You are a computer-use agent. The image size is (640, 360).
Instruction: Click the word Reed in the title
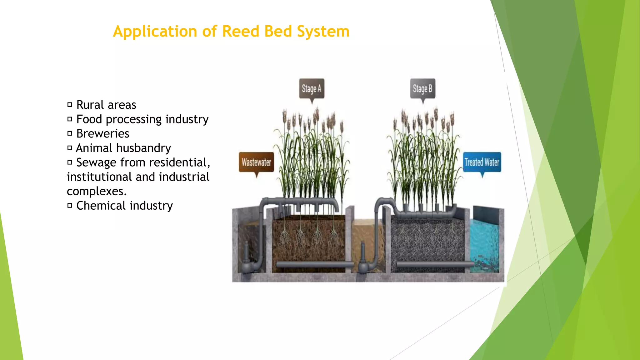click(x=241, y=31)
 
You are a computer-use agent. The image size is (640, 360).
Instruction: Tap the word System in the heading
click(x=323, y=32)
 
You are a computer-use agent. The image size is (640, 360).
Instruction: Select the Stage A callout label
click(x=311, y=89)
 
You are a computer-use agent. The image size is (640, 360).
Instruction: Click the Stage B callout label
click(x=422, y=89)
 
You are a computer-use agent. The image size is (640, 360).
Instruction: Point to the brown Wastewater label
click(x=256, y=162)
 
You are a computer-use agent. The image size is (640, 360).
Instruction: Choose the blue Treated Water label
click(x=482, y=162)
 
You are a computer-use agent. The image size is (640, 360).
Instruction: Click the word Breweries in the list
click(x=103, y=134)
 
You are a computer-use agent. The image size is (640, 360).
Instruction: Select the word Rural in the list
click(x=90, y=105)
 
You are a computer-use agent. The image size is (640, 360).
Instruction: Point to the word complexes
click(x=97, y=191)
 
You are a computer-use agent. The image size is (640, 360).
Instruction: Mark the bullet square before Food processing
click(x=70, y=119)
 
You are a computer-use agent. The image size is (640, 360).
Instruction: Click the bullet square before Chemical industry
click(x=70, y=206)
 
